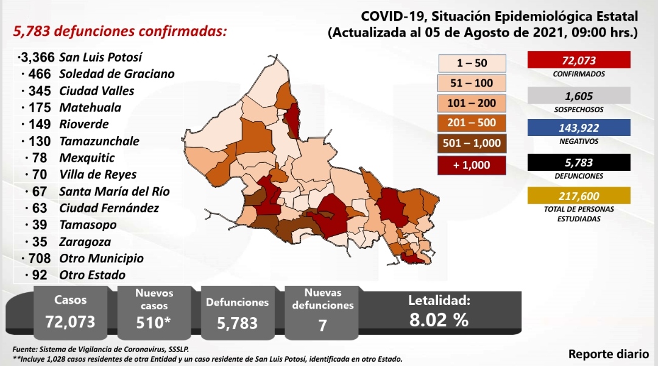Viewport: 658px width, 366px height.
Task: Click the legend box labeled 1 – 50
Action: point(472,63)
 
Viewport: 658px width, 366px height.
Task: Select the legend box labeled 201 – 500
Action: point(472,123)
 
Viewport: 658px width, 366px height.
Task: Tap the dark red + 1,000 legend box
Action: point(472,165)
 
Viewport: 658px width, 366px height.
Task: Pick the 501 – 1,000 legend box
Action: point(472,143)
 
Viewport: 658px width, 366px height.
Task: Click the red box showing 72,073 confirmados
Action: point(579,60)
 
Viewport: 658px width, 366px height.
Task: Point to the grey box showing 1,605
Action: point(579,95)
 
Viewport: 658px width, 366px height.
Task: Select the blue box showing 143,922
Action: point(579,127)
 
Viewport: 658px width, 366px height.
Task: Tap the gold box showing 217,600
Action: point(579,196)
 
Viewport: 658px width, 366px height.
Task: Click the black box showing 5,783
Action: point(579,162)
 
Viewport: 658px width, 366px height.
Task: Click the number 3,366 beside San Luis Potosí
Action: point(38,57)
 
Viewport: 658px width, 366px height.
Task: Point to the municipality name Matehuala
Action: point(90,107)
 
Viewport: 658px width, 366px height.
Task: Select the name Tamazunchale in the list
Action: point(99,141)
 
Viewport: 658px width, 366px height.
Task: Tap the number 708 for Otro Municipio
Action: point(40,259)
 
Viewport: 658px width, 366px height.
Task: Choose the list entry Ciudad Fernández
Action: point(109,208)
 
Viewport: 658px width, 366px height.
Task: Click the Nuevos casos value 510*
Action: point(154,323)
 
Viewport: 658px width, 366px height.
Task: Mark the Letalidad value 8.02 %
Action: point(439,320)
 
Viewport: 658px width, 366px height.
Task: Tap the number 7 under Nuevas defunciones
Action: point(322,325)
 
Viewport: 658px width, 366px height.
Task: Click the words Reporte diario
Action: point(609,354)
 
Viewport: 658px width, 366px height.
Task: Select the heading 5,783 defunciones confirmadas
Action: point(120,32)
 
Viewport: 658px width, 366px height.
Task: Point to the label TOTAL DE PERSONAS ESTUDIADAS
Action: point(579,214)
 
